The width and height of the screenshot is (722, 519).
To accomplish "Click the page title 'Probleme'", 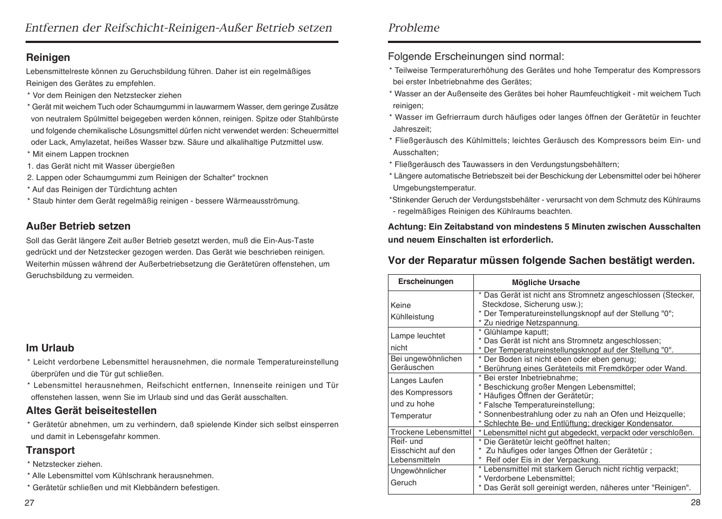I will (414, 28).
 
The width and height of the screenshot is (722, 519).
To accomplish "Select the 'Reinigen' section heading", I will (48, 58).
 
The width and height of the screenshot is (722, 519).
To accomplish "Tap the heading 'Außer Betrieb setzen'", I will (78, 226).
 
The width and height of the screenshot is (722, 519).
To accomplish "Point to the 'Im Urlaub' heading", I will (50, 348).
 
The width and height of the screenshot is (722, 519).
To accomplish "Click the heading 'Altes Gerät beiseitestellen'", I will (91, 411).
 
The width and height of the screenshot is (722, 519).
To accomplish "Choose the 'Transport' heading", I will (51, 450).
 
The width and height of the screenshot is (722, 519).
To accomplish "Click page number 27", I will (29, 503).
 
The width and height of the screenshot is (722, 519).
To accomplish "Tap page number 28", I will (695, 502).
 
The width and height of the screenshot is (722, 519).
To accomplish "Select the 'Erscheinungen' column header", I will (425, 282).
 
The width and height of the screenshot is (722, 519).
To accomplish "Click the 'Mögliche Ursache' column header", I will (546, 282).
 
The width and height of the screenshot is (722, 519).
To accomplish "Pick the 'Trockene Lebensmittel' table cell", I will (430, 432).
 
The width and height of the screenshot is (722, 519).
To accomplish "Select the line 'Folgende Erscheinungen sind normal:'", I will (476, 57).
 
